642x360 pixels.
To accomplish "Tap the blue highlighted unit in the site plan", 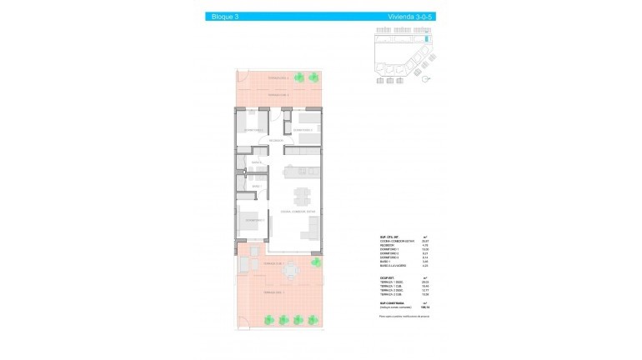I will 428,38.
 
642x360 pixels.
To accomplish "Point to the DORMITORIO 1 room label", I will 255,220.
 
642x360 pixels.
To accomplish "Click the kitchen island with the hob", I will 302,175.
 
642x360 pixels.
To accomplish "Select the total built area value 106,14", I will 425,307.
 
